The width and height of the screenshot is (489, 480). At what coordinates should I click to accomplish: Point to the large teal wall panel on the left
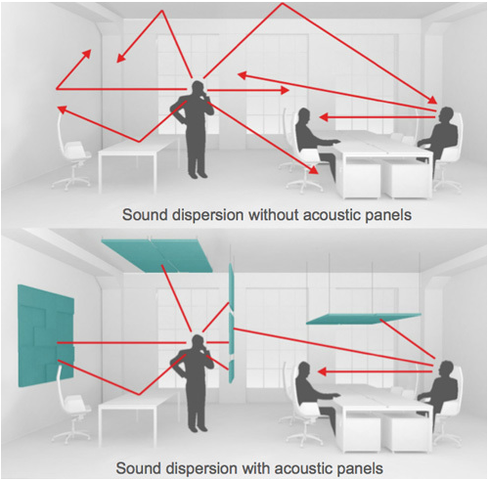click(46, 335)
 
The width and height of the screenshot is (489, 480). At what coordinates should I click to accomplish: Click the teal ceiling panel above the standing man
click(157, 255)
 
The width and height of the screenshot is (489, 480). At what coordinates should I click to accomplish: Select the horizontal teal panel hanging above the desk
click(364, 319)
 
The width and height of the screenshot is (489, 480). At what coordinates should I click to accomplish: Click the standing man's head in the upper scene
click(198, 88)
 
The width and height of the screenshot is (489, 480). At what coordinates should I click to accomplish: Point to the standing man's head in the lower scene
click(198, 342)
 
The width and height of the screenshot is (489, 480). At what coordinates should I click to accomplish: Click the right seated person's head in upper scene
click(446, 114)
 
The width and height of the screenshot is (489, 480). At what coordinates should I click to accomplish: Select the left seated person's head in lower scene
click(304, 370)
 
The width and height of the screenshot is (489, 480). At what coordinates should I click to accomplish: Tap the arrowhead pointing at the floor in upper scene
click(314, 171)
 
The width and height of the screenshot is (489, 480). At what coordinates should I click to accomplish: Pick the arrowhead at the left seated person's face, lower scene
click(323, 371)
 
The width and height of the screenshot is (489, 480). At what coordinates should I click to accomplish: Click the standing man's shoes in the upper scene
click(198, 174)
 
